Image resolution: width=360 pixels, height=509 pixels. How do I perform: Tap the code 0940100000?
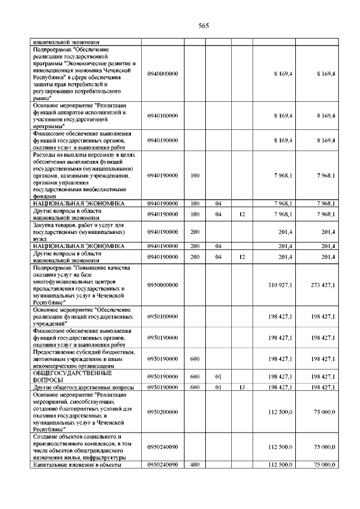pos(163,115)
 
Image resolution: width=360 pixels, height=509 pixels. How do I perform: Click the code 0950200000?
pos(163,412)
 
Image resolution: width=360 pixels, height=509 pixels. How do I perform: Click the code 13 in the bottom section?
pos(241,388)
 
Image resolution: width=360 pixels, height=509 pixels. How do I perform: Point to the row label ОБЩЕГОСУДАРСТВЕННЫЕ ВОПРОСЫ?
pos(73,376)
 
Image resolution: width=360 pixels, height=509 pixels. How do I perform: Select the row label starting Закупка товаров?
pos(78,231)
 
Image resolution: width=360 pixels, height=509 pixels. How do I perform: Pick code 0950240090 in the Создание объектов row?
pos(163,447)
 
